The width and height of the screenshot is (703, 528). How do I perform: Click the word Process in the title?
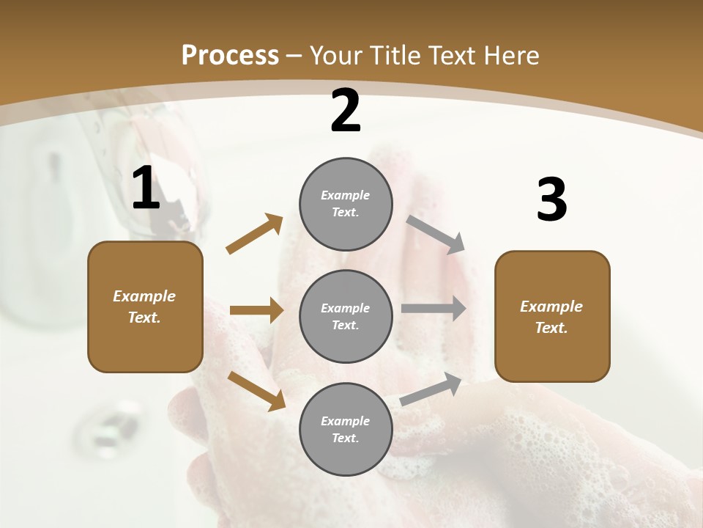230,55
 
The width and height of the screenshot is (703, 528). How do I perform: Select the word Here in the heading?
510,55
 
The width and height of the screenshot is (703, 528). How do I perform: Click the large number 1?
146,188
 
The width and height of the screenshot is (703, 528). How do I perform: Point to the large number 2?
346,111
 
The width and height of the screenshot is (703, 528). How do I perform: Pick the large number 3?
551,201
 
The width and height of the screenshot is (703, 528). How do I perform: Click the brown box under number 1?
145,307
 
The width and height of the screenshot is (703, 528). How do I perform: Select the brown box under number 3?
552,316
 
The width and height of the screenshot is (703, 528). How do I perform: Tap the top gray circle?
346,204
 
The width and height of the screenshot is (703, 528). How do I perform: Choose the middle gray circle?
346,316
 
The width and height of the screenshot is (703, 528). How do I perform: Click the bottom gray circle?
346,429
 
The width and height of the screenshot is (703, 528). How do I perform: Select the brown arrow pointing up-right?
255,234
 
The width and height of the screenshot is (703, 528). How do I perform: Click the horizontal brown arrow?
256,310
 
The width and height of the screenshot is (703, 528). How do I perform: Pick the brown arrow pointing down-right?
256,390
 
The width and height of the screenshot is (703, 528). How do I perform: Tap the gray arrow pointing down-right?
436,234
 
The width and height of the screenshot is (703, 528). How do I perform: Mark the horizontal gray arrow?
434,308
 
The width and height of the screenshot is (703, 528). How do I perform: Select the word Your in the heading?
335,55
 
